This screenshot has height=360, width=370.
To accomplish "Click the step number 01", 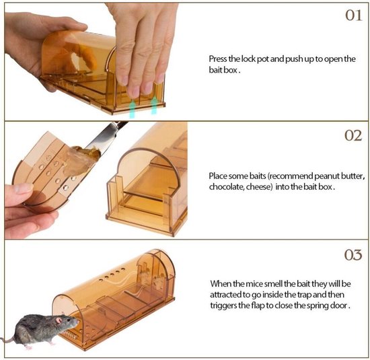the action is (x=353, y=15).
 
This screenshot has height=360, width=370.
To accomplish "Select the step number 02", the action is (x=353, y=135).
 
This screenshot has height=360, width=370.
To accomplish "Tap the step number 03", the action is (x=353, y=255).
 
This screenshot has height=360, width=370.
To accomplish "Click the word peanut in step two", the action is (x=326, y=176).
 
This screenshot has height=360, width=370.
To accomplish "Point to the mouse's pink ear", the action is (x=59, y=320).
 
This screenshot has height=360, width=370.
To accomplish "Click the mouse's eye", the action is (x=69, y=320).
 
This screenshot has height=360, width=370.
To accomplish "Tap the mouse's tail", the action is (x=7, y=340).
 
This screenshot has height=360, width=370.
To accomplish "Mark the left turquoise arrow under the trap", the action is (x=132, y=109).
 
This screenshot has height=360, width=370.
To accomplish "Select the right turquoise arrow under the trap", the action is (x=154, y=106).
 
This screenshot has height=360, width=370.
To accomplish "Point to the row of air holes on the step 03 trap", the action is (x=112, y=275).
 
